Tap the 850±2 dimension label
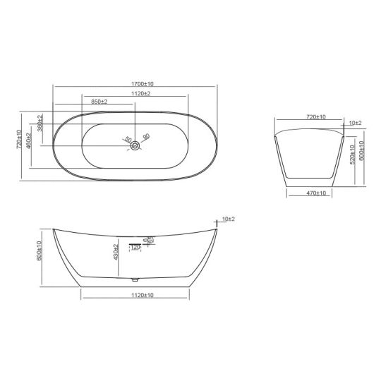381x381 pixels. click(x=99, y=102)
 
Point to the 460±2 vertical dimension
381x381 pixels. click(x=29, y=140)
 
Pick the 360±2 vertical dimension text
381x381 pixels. click(x=40, y=123)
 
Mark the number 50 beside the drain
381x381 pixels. click(x=128, y=140)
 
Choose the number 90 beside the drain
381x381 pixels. click(x=146, y=136)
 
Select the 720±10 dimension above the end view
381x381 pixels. click(x=315, y=116)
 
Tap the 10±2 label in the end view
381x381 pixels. click(x=354, y=123)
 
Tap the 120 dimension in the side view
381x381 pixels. click(x=135, y=247)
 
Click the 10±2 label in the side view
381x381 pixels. click(x=227, y=219)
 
